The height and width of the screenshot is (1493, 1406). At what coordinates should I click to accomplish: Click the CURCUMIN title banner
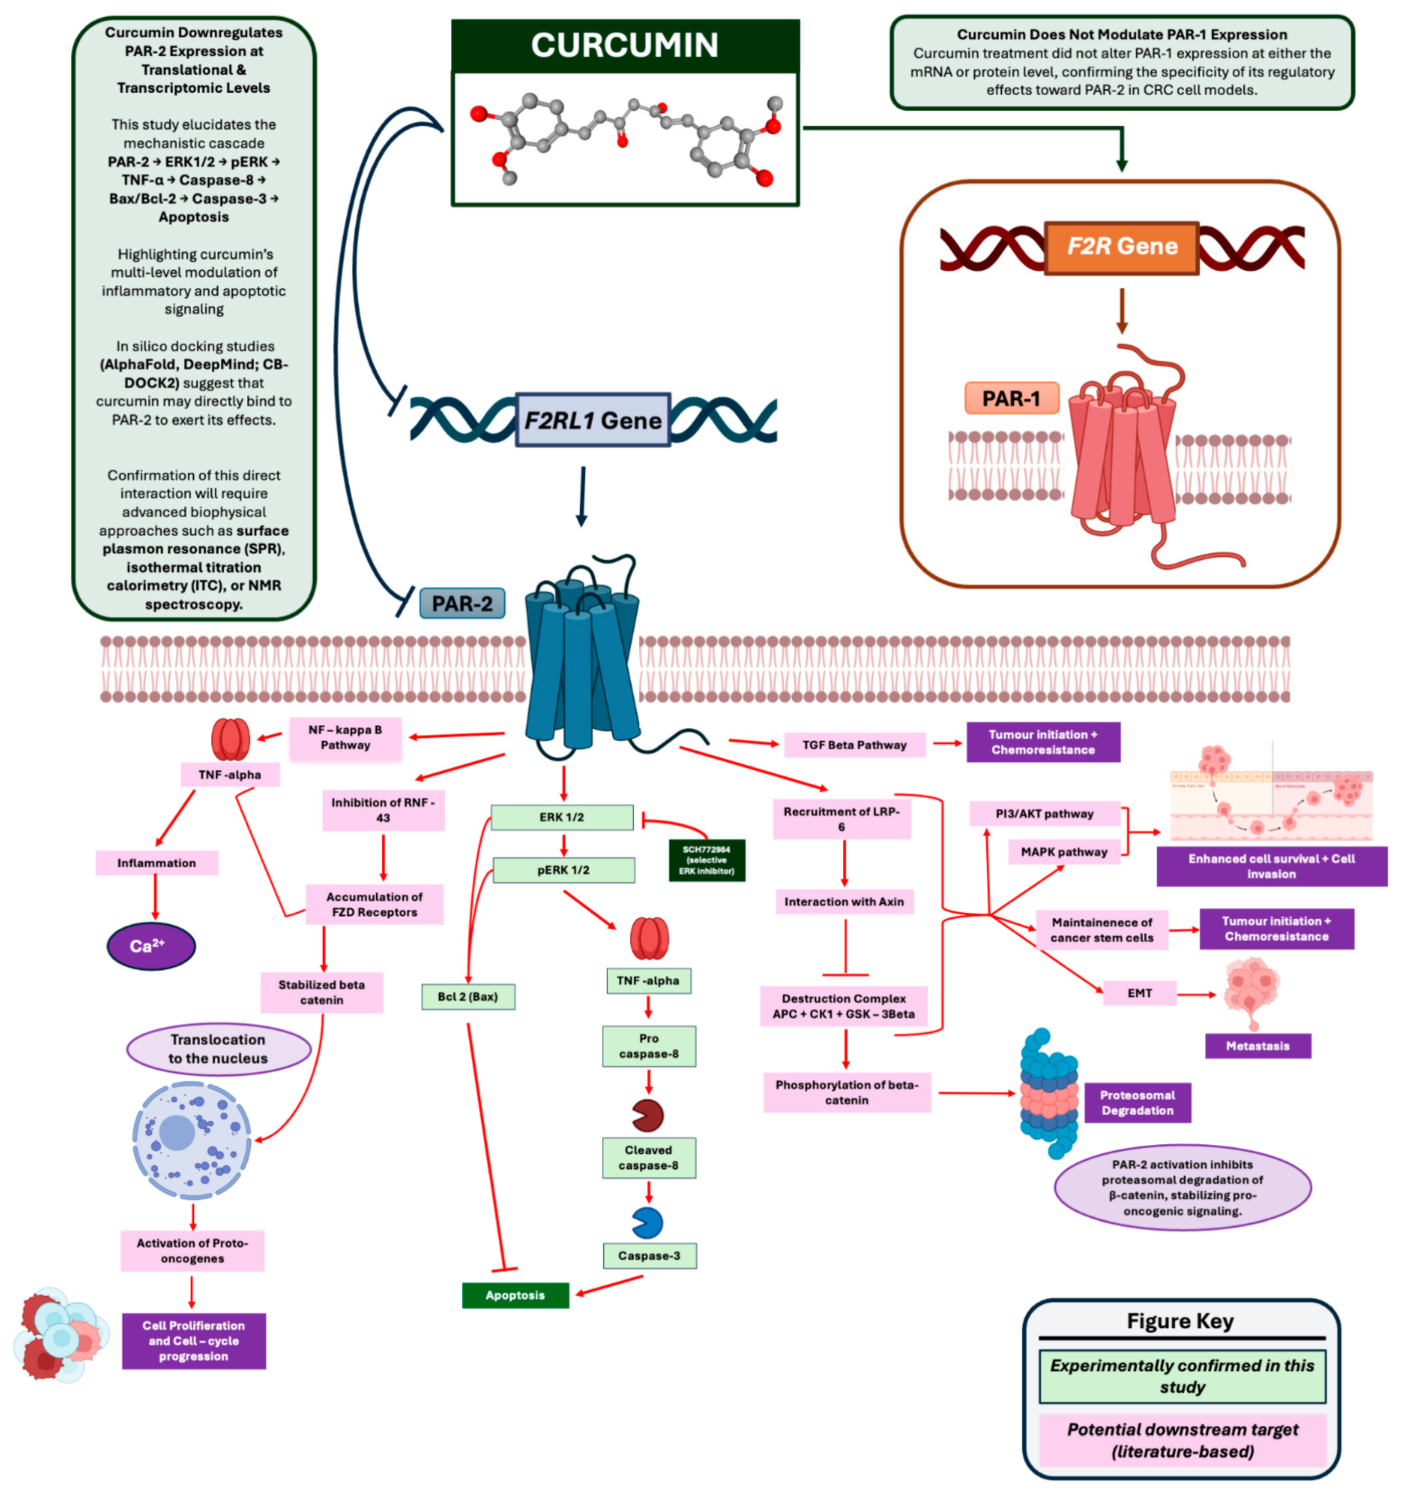coord(625,45)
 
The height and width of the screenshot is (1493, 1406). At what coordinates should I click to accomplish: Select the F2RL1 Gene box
coord(593,420)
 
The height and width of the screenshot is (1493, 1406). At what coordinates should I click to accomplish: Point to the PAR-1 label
coord(1011,398)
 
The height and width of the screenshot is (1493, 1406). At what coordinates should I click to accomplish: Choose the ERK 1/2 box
coord(561,817)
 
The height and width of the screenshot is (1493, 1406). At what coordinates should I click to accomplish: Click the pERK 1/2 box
coord(563,870)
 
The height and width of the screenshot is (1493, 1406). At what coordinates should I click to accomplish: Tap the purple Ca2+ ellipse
coord(151,946)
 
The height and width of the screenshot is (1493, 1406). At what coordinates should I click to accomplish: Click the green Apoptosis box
coord(515,1295)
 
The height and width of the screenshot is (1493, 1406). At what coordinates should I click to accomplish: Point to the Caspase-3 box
coord(649,1255)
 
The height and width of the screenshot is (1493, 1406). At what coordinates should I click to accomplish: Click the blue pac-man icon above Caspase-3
coord(647,1223)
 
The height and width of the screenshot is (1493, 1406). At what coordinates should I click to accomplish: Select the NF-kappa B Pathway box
coord(345,738)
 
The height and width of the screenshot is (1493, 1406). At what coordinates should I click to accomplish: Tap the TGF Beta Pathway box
coord(854,745)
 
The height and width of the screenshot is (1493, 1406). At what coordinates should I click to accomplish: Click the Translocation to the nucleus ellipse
coord(218,1049)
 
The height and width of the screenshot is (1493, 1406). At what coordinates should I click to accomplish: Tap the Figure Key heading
coord(1179,1320)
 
